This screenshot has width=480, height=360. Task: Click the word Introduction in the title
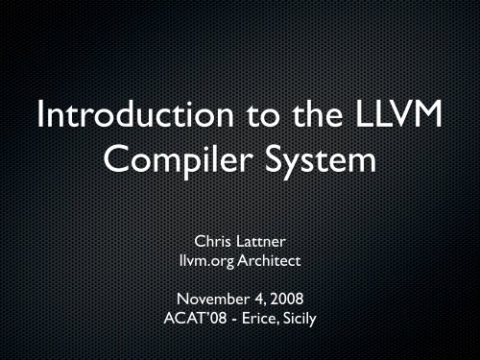click(x=118, y=127)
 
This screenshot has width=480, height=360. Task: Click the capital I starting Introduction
click(x=38, y=127)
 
